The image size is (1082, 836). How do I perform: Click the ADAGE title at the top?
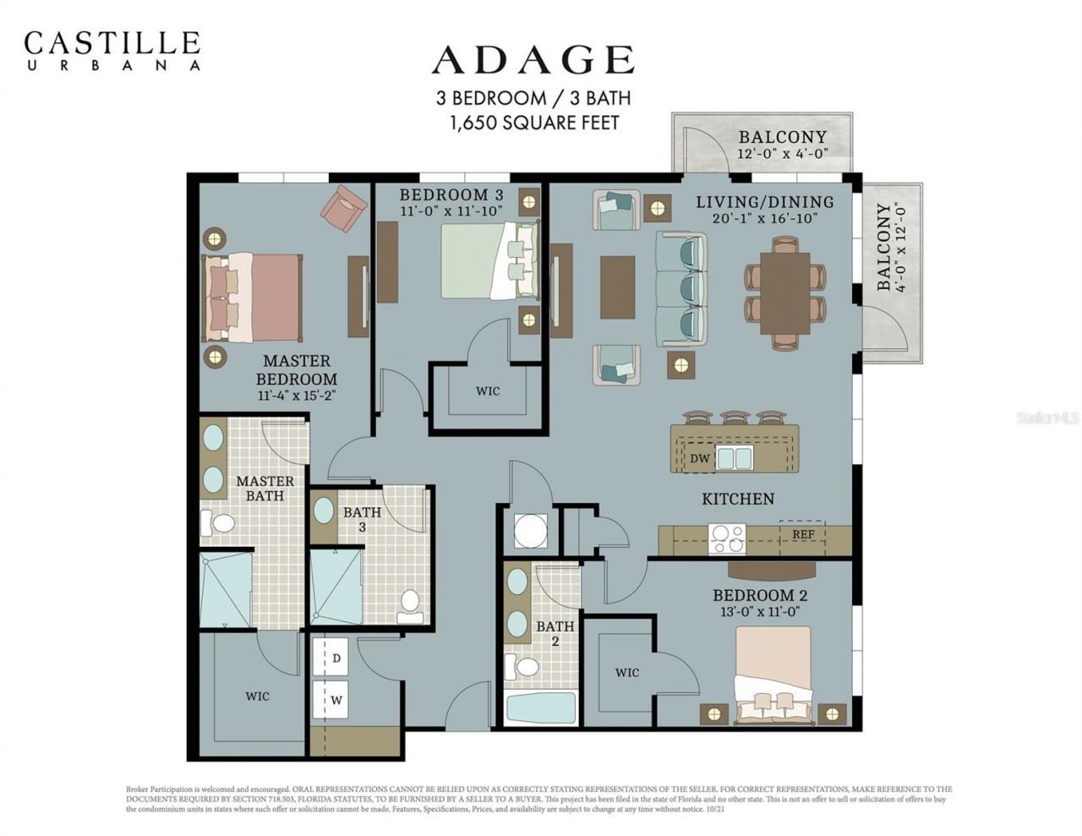533,61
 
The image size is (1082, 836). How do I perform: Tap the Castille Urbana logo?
112,49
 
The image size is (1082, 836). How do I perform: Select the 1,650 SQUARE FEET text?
534,123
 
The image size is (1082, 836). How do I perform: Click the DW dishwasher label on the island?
699,458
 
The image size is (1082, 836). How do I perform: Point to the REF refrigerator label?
803,534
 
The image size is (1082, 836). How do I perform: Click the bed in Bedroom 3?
489,260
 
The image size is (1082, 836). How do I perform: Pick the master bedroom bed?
251,298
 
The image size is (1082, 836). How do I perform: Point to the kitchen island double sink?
735,458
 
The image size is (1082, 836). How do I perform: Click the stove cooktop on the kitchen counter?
728,534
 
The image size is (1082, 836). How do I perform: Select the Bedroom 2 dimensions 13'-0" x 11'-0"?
754,611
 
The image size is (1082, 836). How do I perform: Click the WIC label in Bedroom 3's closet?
488,391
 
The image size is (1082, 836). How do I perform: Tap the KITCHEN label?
738,499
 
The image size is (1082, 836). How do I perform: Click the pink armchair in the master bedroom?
343,208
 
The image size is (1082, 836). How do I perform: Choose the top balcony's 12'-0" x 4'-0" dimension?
782,154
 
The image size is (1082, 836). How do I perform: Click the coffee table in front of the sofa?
617,287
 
